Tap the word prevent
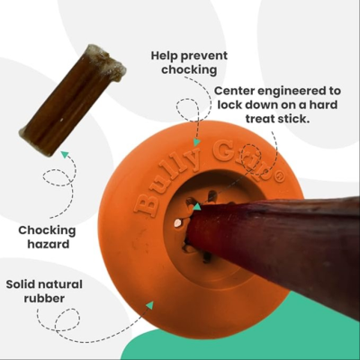(x=203, y=57)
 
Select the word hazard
(x=49, y=244)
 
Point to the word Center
(x=234, y=91)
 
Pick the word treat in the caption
(x=260, y=119)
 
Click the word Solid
(x=20, y=284)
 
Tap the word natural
(x=59, y=284)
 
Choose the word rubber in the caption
(x=44, y=299)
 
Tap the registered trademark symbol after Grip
(x=278, y=177)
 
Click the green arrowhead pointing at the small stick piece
(x=65, y=155)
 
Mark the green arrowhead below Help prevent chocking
(x=196, y=142)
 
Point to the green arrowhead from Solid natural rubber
(x=149, y=305)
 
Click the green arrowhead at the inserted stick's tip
(x=197, y=207)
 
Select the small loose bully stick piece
(x=72, y=101)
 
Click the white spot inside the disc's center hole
(x=177, y=223)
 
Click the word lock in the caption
(x=229, y=105)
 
